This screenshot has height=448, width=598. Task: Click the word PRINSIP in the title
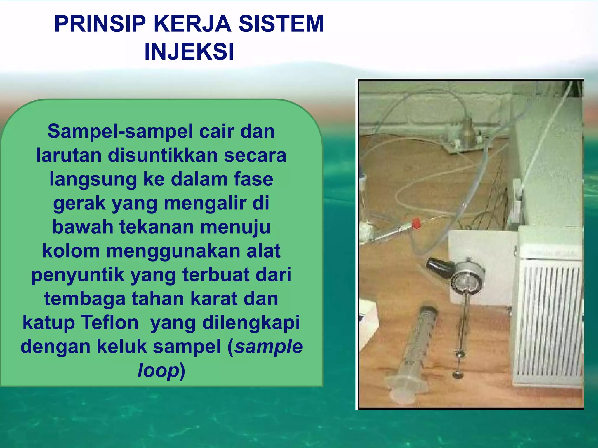click(100, 24)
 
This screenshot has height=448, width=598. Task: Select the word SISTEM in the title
click(281, 24)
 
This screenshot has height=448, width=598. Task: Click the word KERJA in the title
click(192, 24)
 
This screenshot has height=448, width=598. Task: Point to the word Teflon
click(110, 323)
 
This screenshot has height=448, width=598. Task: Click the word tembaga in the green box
click(85, 299)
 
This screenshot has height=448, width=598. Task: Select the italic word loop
click(158, 370)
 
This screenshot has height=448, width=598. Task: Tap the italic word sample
click(269, 346)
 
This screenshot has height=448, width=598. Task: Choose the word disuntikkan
click(162, 155)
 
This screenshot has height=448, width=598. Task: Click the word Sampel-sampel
click(123, 132)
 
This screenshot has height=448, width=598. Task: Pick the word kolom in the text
click(71, 251)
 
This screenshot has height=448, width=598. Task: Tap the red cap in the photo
click(416, 223)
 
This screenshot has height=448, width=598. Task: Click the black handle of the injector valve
click(439, 265)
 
